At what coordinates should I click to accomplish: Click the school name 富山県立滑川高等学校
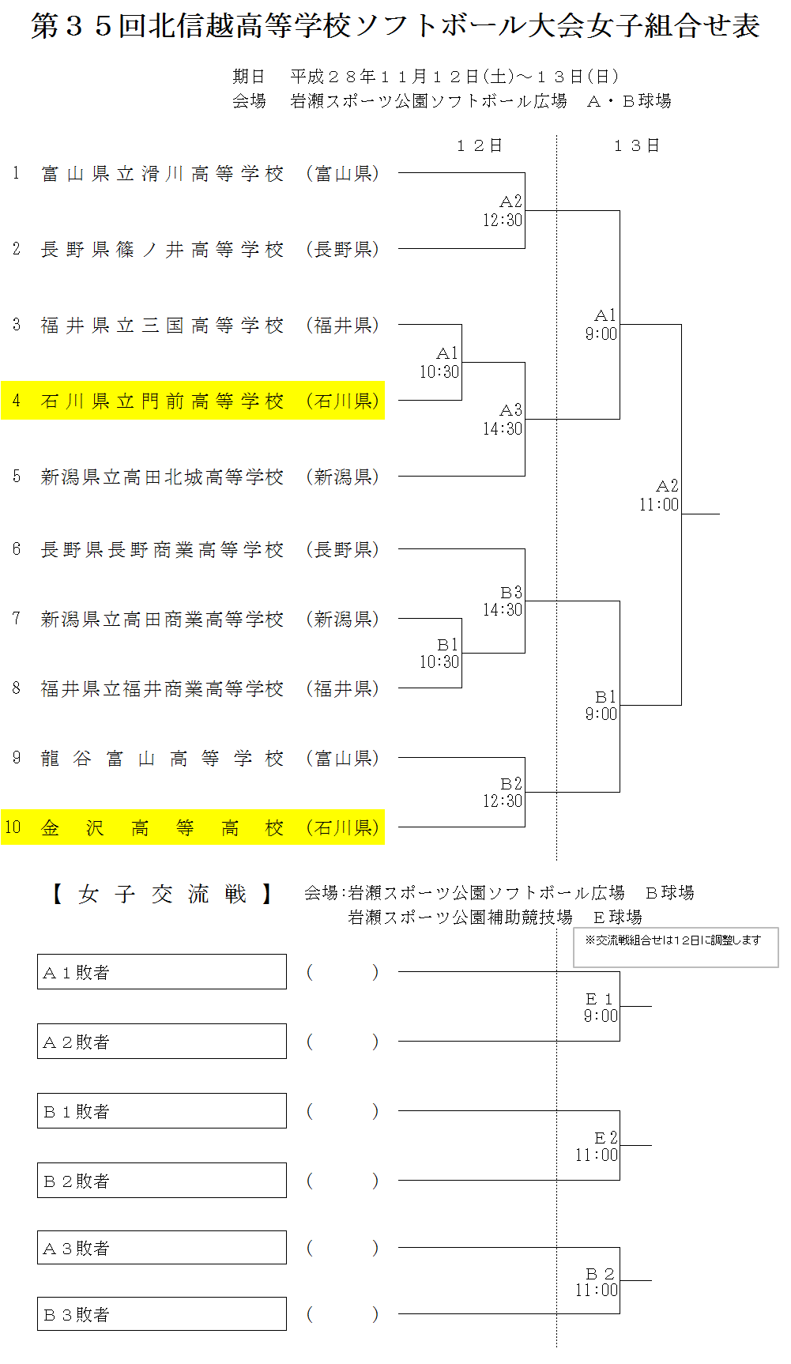click(162, 174)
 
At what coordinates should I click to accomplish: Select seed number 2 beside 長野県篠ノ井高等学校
click(17, 250)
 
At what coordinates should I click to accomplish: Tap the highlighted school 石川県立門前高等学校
click(162, 401)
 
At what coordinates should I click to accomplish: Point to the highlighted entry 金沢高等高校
click(162, 828)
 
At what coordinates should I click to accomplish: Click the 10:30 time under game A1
click(439, 372)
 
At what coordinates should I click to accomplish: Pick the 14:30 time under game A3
click(503, 429)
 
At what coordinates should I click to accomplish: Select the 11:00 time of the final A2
click(659, 505)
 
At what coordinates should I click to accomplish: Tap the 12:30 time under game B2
click(503, 801)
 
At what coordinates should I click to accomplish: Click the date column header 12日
click(480, 145)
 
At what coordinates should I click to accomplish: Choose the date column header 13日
click(636, 145)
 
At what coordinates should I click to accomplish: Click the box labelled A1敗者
click(162, 972)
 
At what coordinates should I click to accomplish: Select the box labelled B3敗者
click(162, 1314)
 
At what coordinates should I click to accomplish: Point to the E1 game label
click(600, 999)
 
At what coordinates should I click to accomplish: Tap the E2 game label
click(605, 1138)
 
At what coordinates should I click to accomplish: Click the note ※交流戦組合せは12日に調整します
click(673, 940)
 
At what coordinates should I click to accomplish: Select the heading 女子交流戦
click(162, 895)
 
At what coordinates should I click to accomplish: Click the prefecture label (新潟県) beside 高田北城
click(343, 477)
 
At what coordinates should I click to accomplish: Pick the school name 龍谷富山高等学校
click(162, 759)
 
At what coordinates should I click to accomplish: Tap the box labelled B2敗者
click(162, 1181)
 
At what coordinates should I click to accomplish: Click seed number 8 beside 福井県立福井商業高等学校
click(17, 688)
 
